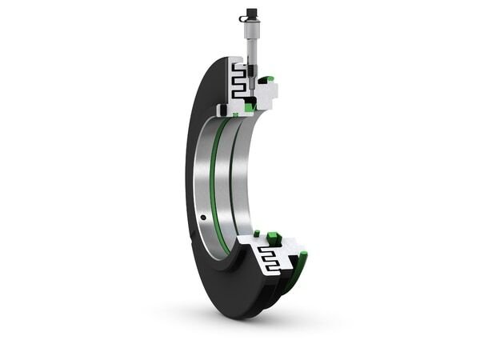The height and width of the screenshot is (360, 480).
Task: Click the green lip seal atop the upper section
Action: [269, 78]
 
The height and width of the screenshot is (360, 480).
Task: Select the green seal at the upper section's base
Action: [250, 106]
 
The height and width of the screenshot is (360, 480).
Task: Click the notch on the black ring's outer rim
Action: [191, 231]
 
